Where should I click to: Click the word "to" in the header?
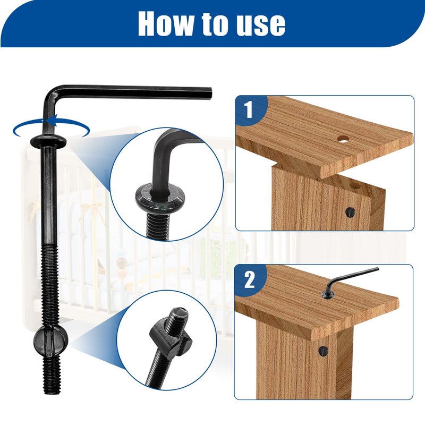coord(214,24)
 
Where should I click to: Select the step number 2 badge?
coord(249,280)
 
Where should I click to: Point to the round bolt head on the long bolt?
coord(48,141)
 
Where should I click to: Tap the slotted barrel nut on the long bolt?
coord(50,340)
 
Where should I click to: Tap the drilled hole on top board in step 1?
coord(343,139)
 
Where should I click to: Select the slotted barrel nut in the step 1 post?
coord(351,212)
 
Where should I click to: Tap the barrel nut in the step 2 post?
coord(323,351)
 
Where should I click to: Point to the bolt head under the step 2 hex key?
coord(328,295)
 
